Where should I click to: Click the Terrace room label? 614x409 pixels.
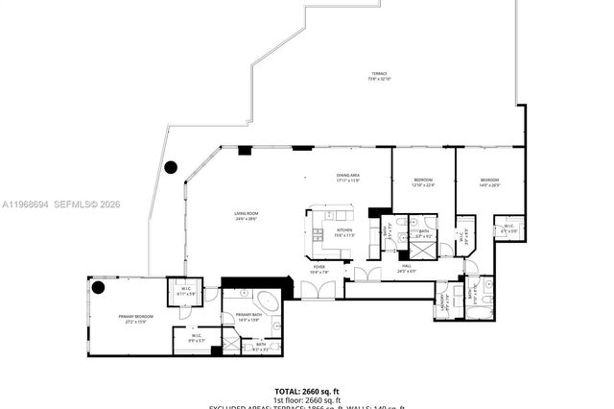(x=381, y=75)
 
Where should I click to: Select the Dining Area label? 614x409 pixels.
(x=347, y=177)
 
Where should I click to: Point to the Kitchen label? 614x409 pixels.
(x=342, y=231)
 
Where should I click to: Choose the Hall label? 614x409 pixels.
(x=407, y=268)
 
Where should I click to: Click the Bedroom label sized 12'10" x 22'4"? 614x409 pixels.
(x=423, y=181)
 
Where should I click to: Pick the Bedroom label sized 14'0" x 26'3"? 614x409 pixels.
(x=489, y=181)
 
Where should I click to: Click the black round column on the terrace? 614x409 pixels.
(x=171, y=167)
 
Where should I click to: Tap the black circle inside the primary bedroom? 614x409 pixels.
(x=98, y=286)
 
